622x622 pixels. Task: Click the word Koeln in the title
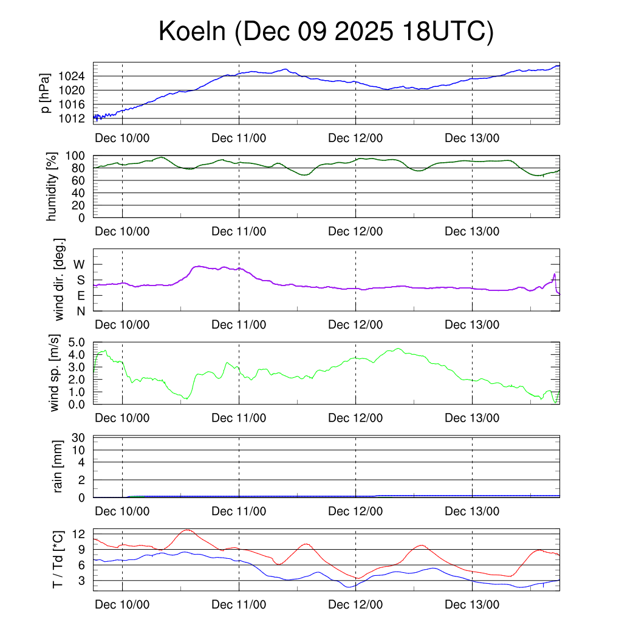click(x=193, y=32)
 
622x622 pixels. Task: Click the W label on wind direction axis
click(x=80, y=265)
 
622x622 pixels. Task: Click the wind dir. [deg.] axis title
click(x=59, y=279)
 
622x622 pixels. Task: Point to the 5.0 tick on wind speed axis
click(x=76, y=342)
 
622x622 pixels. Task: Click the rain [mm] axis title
click(x=58, y=467)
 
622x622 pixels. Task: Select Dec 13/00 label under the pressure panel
click(x=472, y=138)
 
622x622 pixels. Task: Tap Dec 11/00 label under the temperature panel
click(x=239, y=605)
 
